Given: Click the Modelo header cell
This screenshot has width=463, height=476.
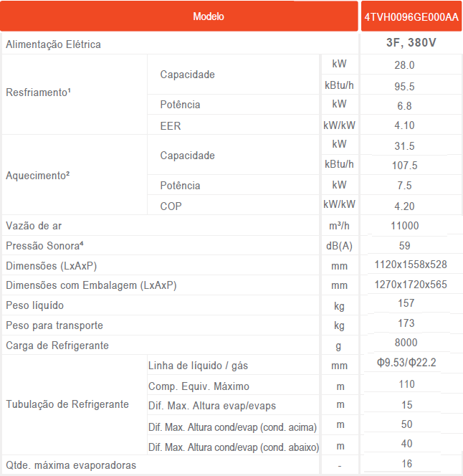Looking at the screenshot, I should [209, 16].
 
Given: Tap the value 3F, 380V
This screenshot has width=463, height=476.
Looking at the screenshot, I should [411, 44].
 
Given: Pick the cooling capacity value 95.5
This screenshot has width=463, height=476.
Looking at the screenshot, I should [406, 86].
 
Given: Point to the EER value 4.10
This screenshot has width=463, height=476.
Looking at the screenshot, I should [406, 125].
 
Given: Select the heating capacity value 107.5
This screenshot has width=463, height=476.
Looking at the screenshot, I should [406, 166].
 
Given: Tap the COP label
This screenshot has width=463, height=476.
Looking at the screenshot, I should [171, 206].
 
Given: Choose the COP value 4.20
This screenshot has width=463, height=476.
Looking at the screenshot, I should [406, 206].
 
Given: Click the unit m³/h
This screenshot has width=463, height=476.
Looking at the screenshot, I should [339, 226].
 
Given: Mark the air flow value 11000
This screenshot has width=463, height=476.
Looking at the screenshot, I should [406, 226].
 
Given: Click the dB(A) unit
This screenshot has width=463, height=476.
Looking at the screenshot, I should [339, 246].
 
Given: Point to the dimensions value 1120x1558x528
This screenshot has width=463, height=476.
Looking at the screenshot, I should [411, 265].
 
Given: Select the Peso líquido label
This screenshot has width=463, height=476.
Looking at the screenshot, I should [34, 305].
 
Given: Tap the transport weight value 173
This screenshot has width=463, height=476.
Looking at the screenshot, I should [406, 324].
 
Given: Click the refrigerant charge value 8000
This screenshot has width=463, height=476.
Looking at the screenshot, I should [406, 343].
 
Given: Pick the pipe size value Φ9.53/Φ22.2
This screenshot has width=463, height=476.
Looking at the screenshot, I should [406, 363].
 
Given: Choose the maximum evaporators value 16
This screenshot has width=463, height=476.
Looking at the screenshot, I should [406, 464].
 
